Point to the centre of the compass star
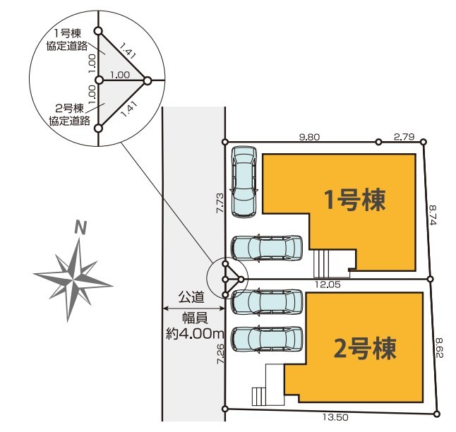[74, 276]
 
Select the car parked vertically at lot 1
[244, 181]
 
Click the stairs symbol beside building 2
[258, 396]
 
